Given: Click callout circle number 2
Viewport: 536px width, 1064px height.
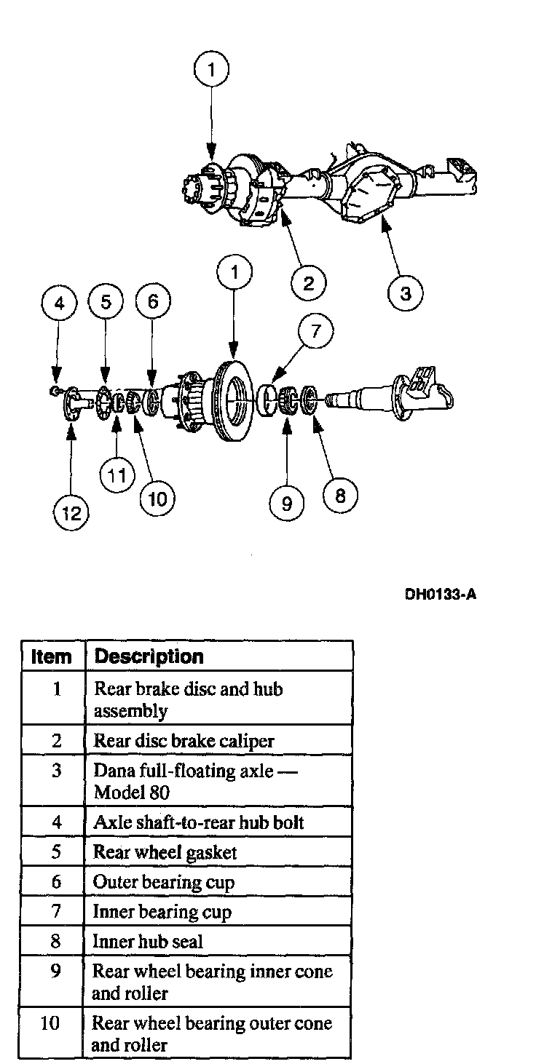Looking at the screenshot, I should (309, 282).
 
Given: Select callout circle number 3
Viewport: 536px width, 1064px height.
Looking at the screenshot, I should (406, 293).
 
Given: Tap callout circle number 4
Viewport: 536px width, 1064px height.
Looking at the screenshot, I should (60, 302).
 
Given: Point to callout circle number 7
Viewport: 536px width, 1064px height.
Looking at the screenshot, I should (315, 331).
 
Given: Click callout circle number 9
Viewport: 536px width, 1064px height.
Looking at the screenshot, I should (287, 503).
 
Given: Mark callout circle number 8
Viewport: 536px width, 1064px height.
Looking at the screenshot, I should (340, 495).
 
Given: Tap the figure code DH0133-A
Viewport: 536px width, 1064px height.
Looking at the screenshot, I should (441, 595).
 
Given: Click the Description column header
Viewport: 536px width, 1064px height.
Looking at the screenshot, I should (149, 656).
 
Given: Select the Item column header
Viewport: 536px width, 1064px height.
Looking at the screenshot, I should (52, 656).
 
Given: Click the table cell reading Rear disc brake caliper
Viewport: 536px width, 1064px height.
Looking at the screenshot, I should (184, 741).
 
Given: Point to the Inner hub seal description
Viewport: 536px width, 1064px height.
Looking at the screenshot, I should (147, 941).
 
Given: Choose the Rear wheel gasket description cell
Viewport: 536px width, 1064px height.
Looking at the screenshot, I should (165, 852).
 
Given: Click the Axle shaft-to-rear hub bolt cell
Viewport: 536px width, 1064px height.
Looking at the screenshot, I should (198, 823).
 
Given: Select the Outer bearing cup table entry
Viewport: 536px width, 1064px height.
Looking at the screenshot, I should (163, 882).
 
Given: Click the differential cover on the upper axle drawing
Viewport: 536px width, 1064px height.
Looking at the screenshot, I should (369, 190).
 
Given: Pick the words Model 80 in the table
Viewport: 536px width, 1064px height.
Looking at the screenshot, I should (132, 792).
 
